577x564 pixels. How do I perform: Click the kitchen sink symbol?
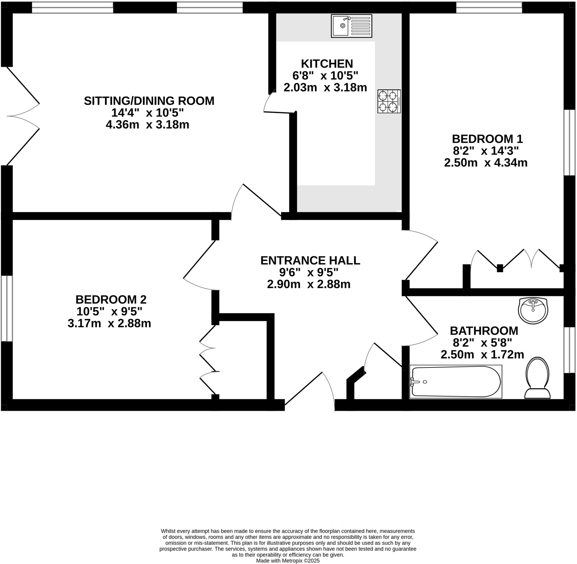pyautogui.click(x=351, y=26)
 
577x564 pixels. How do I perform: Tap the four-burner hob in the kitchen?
pyautogui.click(x=389, y=101)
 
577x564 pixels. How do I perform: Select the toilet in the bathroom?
pyautogui.click(x=537, y=378)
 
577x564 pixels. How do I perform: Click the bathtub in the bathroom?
pyautogui.click(x=456, y=382)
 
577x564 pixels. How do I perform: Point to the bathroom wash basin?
pyautogui.click(x=533, y=310)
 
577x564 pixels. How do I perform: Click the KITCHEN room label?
pyautogui.click(x=327, y=64)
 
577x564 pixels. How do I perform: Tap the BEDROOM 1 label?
pyautogui.click(x=487, y=139)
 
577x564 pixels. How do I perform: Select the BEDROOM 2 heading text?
pyautogui.click(x=111, y=299)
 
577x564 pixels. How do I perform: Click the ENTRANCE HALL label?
pyautogui.click(x=310, y=260)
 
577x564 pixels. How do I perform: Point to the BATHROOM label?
pyautogui.click(x=484, y=331)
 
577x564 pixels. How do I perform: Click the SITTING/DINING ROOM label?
pyautogui.click(x=149, y=101)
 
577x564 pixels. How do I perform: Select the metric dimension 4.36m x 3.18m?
pyautogui.click(x=147, y=125)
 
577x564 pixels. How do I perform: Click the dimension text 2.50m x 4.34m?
pyautogui.click(x=486, y=163)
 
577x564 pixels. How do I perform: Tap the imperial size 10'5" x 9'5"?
pyautogui.click(x=109, y=312)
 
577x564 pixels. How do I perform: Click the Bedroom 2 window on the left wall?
pyautogui.click(x=6, y=308)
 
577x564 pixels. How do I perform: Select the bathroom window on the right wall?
pyautogui.click(x=569, y=350)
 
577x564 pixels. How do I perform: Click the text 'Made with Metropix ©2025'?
pyautogui.click(x=288, y=561)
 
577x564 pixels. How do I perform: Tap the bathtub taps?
pyautogui.click(x=413, y=382)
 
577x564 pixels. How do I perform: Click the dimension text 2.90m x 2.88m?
pyautogui.click(x=309, y=284)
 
